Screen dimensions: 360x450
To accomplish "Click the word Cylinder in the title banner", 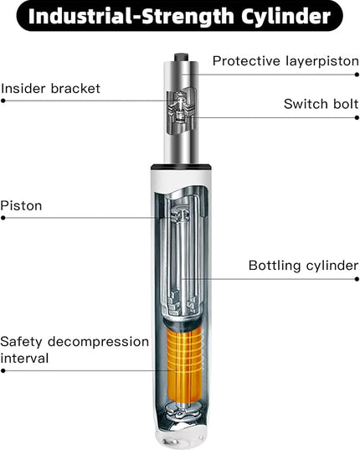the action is point(285,17).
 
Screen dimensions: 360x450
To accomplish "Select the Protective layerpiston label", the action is point(285,61).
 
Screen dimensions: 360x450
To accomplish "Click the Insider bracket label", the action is point(50,88).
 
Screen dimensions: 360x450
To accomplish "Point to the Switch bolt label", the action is point(321,104).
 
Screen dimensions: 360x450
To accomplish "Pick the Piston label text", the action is point(21,206).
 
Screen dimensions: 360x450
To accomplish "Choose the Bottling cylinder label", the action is point(304,266).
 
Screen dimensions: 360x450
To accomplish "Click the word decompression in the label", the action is point(98,342).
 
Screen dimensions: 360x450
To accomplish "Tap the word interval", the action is point(24,359).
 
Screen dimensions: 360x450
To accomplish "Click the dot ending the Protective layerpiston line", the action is point(357,75).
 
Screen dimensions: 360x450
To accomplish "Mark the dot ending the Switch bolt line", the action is point(357,117).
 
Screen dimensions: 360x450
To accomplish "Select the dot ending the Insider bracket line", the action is point(3,101).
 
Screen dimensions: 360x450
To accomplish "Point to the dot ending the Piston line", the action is point(3,218).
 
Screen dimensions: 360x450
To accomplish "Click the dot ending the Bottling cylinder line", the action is point(357,279).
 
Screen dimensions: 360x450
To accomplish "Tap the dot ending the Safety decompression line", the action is point(3,370).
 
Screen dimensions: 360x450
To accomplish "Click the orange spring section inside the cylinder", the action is point(184,363).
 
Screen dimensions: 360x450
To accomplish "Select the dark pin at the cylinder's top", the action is point(181,57).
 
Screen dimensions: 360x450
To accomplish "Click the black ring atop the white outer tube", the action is point(181,167).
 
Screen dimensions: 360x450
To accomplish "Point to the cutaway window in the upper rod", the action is point(181,111).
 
